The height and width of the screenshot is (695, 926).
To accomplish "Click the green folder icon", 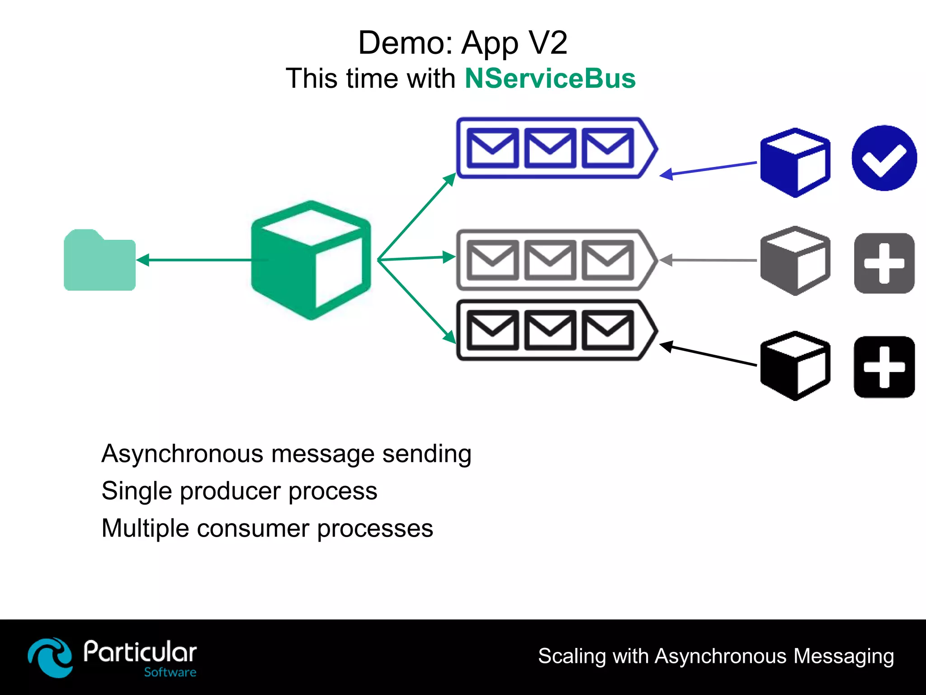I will [99, 262].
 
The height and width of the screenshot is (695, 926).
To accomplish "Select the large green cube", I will [311, 260].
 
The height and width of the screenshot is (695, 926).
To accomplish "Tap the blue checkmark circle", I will [884, 158].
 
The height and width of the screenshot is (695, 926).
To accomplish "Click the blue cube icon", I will [795, 162].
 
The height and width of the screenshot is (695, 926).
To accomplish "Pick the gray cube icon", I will [795, 261].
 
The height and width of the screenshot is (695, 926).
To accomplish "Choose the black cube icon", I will [795, 366].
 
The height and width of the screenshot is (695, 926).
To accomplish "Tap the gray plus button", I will [884, 263].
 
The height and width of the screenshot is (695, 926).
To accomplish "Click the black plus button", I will [884, 367].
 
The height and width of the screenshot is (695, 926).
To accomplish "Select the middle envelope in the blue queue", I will [550, 148].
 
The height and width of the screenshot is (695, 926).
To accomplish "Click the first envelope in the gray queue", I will [492, 260].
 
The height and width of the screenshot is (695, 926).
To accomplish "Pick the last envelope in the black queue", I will [607, 330].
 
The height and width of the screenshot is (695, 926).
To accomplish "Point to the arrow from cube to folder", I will [194, 260].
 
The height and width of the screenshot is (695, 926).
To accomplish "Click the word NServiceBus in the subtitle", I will [550, 78].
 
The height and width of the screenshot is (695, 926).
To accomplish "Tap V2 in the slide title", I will [548, 43].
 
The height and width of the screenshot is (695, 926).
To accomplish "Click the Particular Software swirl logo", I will [50, 657].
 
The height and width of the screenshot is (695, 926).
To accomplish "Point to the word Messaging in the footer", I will [843, 656].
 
